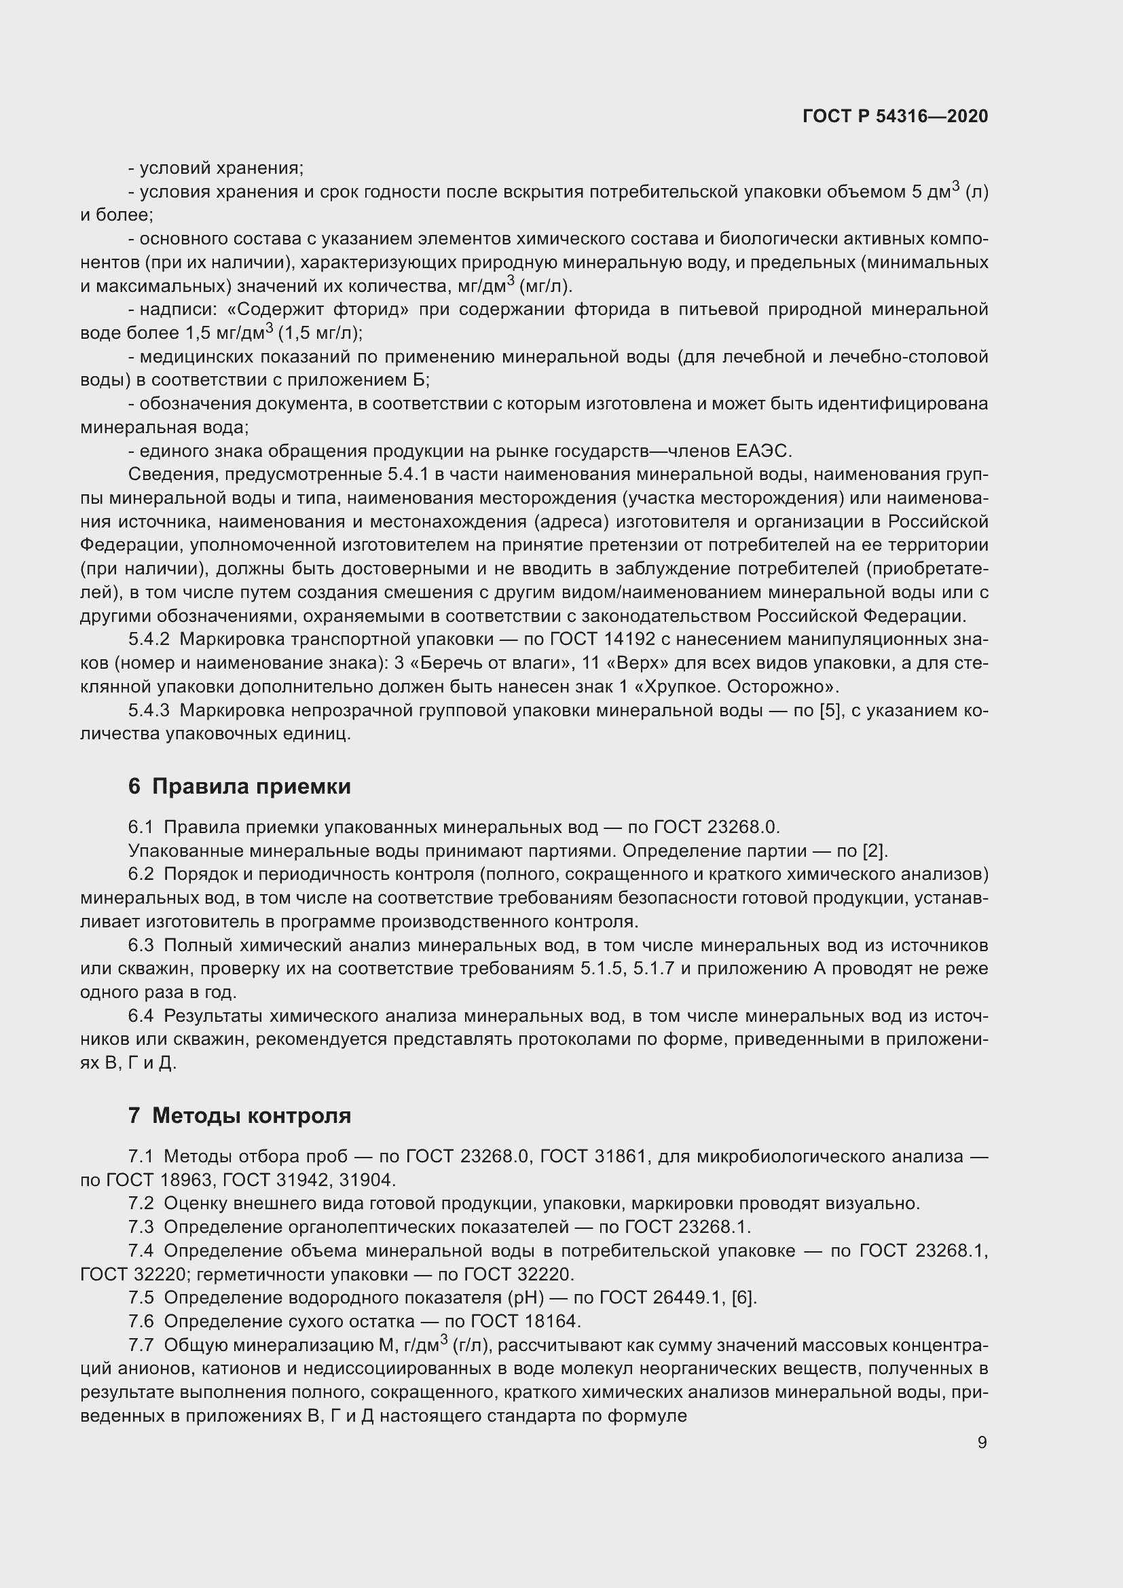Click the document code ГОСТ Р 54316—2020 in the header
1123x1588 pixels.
[895, 116]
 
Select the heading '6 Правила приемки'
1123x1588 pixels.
[239, 786]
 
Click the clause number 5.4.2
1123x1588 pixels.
[149, 639]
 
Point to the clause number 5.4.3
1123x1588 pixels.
[149, 710]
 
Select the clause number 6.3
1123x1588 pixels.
[141, 945]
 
